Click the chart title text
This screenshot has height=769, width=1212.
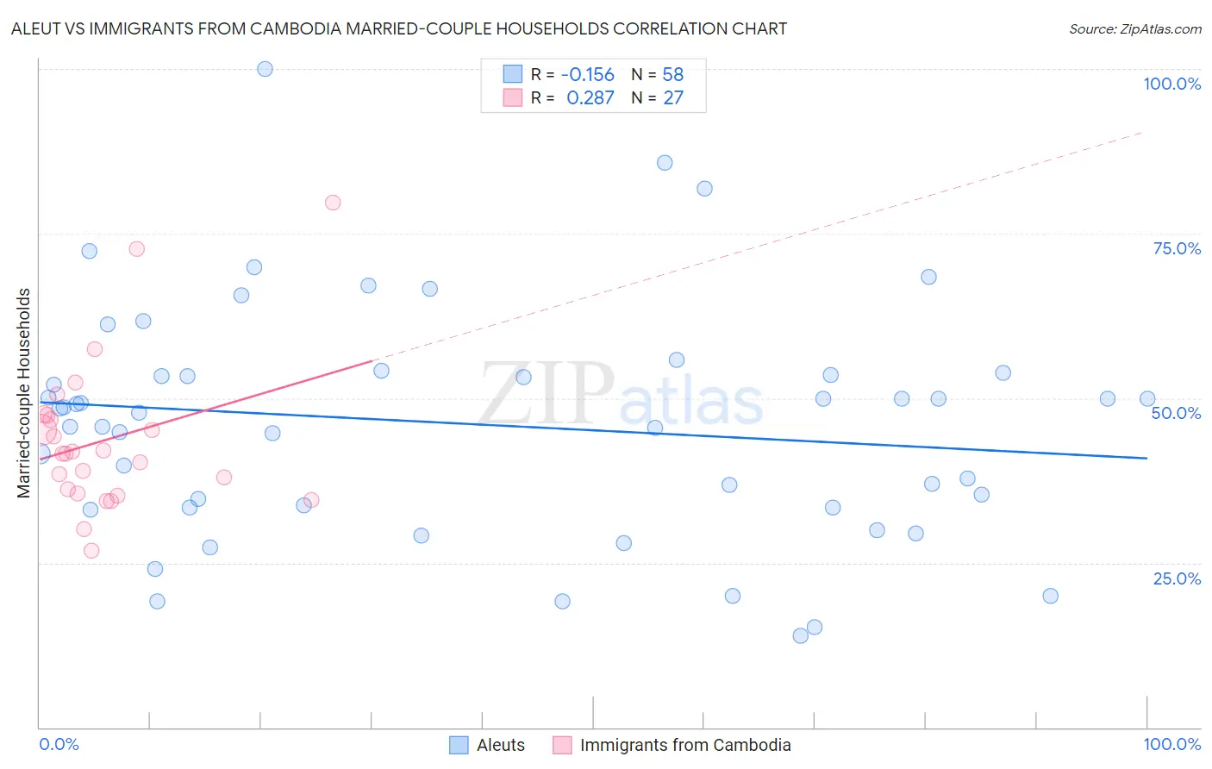(x=398, y=28)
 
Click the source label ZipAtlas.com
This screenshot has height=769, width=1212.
(x=1134, y=28)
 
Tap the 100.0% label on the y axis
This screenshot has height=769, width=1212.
(x=1171, y=84)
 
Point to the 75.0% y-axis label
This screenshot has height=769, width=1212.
(x=1177, y=248)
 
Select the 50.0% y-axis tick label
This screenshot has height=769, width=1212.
(x=1176, y=413)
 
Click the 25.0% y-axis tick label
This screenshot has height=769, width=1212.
(x=1177, y=578)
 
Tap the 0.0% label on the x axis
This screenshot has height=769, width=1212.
(x=59, y=744)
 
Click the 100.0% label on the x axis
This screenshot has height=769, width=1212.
(x=1171, y=744)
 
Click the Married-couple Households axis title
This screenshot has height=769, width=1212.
(x=24, y=393)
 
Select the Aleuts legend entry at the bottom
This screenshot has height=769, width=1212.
(x=500, y=745)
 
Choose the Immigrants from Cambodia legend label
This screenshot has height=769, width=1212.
(x=685, y=745)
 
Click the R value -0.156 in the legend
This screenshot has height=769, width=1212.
(x=587, y=75)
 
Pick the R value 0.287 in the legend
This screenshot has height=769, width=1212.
(x=590, y=98)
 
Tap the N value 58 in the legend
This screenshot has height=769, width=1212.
(x=672, y=75)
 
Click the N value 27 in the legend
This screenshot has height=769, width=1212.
(x=672, y=98)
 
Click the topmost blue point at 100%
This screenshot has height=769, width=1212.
(x=265, y=69)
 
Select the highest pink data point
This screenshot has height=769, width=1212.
(x=333, y=203)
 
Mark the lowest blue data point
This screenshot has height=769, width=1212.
(x=800, y=635)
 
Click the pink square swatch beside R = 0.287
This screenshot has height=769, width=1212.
(x=513, y=97)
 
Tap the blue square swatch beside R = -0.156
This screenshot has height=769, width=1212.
(x=513, y=74)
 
